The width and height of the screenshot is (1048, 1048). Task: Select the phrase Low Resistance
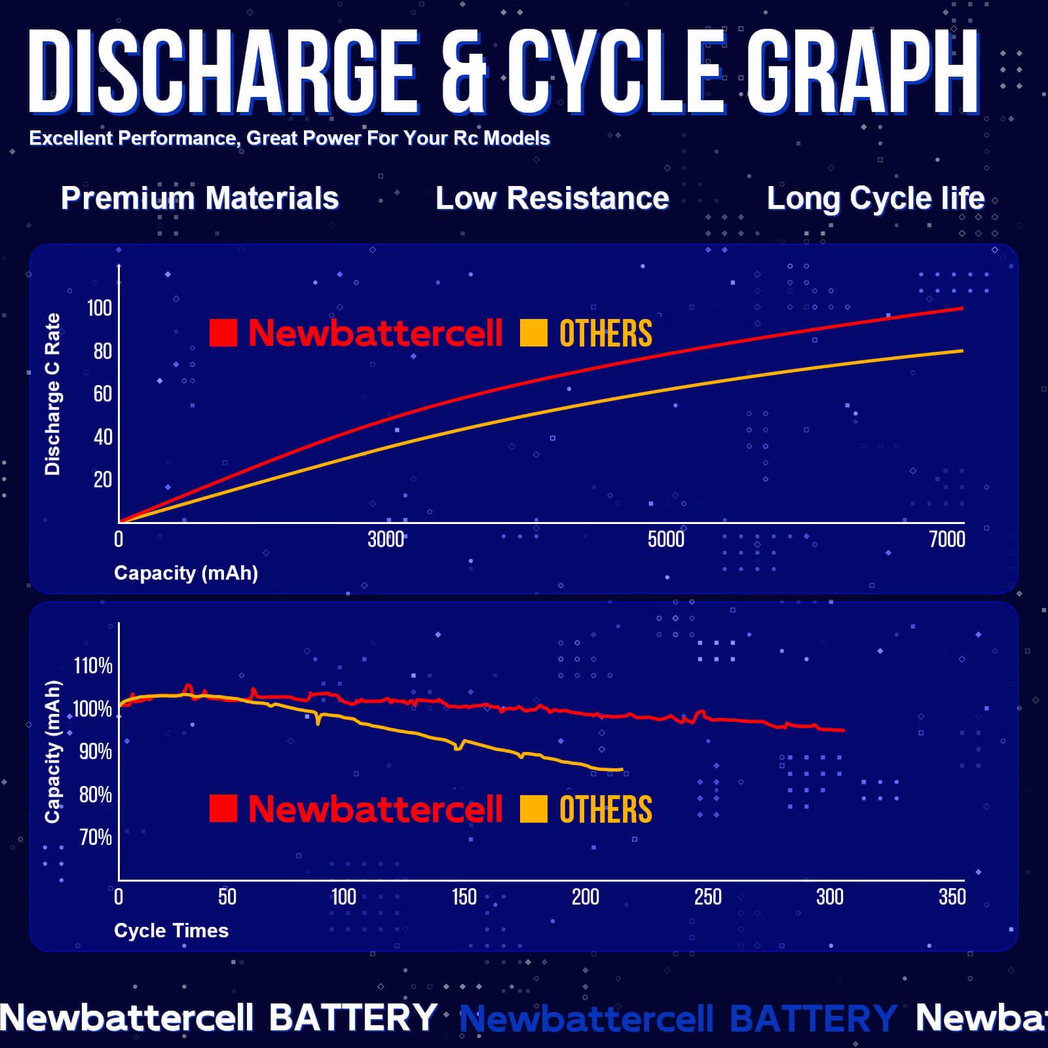(x=552, y=198)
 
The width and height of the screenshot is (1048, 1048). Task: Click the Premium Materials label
(x=200, y=198)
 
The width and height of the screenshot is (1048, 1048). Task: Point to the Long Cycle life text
(x=876, y=198)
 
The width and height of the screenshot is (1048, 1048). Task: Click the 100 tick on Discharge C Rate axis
(x=100, y=308)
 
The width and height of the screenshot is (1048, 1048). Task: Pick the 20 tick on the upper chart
(x=103, y=479)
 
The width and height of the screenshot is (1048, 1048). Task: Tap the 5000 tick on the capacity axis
(x=665, y=539)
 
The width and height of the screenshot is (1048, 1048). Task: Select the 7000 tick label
(x=947, y=539)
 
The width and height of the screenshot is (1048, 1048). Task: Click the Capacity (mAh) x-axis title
(x=186, y=573)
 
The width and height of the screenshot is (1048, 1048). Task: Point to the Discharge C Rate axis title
(x=52, y=394)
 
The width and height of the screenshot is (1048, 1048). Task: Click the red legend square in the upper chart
(x=223, y=333)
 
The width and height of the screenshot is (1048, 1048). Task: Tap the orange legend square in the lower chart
(x=533, y=808)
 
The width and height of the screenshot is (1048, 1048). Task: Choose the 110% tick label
(x=93, y=666)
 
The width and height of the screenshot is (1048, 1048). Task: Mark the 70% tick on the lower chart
(x=96, y=837)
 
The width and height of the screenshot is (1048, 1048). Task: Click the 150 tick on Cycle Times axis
(x=464, y=897)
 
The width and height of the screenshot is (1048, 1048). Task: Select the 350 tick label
(x=952, y=897)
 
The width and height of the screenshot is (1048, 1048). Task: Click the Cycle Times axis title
(x=171, y=931)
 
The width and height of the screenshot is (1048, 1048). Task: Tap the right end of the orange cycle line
(x=622, y=769)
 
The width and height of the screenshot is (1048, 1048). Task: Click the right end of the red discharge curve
(x=962, y=308)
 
